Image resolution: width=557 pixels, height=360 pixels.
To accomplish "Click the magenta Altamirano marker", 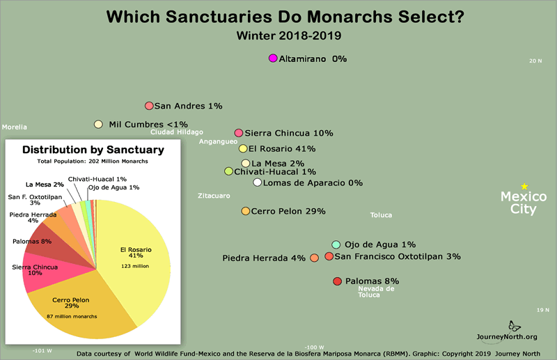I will [273, 58].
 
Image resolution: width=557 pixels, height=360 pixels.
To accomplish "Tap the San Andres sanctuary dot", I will [149, 106].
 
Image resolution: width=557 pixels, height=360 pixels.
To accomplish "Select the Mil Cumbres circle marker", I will [99, 125].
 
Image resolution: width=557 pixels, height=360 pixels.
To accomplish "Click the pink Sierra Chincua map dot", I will [239, 132].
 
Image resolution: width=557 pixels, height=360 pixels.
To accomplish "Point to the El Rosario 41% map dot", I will [243, 148].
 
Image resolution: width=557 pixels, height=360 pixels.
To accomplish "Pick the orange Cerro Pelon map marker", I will [245, 211].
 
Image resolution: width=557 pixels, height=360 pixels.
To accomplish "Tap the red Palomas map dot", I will [337, 281].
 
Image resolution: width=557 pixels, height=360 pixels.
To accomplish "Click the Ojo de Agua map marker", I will [336, 244].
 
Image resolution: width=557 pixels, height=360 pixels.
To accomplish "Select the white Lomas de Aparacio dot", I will [258, 182].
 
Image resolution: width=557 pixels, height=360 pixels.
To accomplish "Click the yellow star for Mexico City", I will [524, 186].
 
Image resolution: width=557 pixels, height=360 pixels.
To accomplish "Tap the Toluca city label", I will [381, 215].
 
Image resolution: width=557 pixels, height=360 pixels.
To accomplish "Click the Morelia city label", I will [15, 127].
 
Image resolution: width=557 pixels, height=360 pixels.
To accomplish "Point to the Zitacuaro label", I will [213, 196].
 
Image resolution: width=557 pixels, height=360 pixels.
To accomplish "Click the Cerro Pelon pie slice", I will [77, 306].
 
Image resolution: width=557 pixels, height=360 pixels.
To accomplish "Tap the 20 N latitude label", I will [535, 61].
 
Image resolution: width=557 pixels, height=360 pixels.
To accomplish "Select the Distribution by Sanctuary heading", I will [93, 150].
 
